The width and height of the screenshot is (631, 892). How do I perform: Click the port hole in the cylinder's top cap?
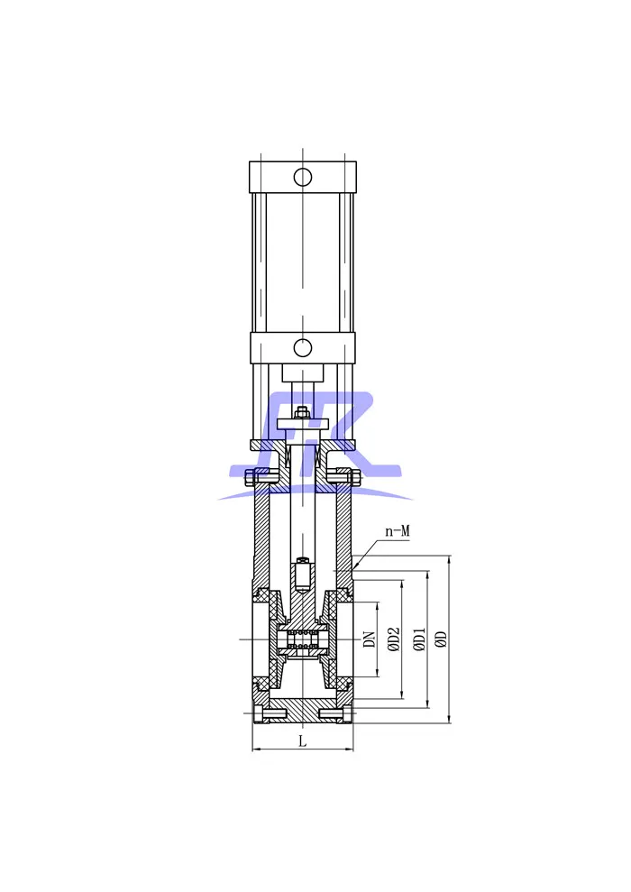tap(303, 177)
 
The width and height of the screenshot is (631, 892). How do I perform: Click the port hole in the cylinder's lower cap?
tap(303, 347)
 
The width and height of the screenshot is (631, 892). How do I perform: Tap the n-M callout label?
tap(398, 531)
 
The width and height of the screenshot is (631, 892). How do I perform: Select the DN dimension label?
tap(369, 639)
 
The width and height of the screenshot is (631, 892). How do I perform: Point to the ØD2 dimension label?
tap(393, 639)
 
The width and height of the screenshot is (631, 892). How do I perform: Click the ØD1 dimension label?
tap(418, 639)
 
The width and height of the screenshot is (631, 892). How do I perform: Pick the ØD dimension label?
tap(441, 639)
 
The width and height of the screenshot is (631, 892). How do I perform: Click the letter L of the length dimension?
tap(303, 740)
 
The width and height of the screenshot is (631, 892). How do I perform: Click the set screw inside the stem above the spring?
tap(303, 573)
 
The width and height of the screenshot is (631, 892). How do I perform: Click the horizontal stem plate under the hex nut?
tap(303, 423)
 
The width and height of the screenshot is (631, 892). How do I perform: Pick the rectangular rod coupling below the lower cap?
tap(303, 372)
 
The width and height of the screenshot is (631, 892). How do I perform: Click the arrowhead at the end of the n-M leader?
tap(355, 567)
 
